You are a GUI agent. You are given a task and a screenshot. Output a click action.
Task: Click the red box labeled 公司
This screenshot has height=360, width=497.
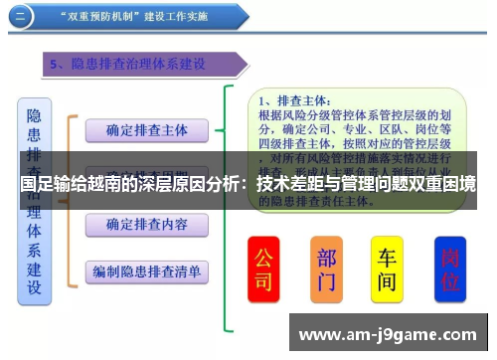click(x=263, y=269)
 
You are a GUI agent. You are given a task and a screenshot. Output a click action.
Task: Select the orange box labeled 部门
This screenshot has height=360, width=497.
click(x=326, y=269)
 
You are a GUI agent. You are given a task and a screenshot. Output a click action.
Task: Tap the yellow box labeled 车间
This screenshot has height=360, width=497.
click(x=387, y=269)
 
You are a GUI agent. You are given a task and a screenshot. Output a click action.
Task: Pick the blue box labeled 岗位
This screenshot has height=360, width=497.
click(x=449, y=269)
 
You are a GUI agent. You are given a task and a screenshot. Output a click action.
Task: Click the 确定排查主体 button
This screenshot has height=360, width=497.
click(x=147, y=129)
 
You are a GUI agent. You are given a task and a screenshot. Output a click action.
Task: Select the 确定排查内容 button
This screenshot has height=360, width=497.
click(x=147, y=225)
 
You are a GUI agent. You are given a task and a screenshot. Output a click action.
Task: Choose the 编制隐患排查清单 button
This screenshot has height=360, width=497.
click(x=147, y=270)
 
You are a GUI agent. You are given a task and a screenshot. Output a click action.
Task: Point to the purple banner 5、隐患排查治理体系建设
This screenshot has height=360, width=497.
click(x=139, y=65)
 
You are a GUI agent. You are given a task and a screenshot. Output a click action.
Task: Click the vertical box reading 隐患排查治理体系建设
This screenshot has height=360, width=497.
click(x=35, y=199)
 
